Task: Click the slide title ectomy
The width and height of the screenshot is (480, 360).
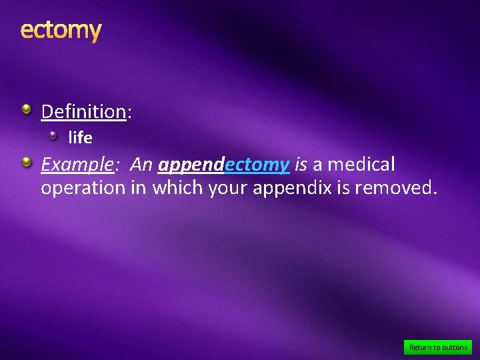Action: click(61, 30)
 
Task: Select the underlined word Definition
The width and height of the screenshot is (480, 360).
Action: click(83, 111)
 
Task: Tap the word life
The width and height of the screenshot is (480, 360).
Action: click(80, 138)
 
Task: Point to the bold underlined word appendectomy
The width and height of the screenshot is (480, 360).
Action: click(223, 164)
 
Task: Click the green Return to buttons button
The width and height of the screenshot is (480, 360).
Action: click(438, 347)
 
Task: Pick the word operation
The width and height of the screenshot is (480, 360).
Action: click(83, 189)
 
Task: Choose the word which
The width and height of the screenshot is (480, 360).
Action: click(178, 188)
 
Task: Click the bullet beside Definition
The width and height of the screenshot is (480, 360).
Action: click(25, 108)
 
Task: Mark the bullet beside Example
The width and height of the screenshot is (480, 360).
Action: click(25, 161)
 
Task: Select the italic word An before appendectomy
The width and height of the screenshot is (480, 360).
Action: click(141, 164)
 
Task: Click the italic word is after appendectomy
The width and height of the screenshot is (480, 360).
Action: click(301, 164)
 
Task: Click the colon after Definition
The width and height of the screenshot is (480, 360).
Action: click(129, 112)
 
